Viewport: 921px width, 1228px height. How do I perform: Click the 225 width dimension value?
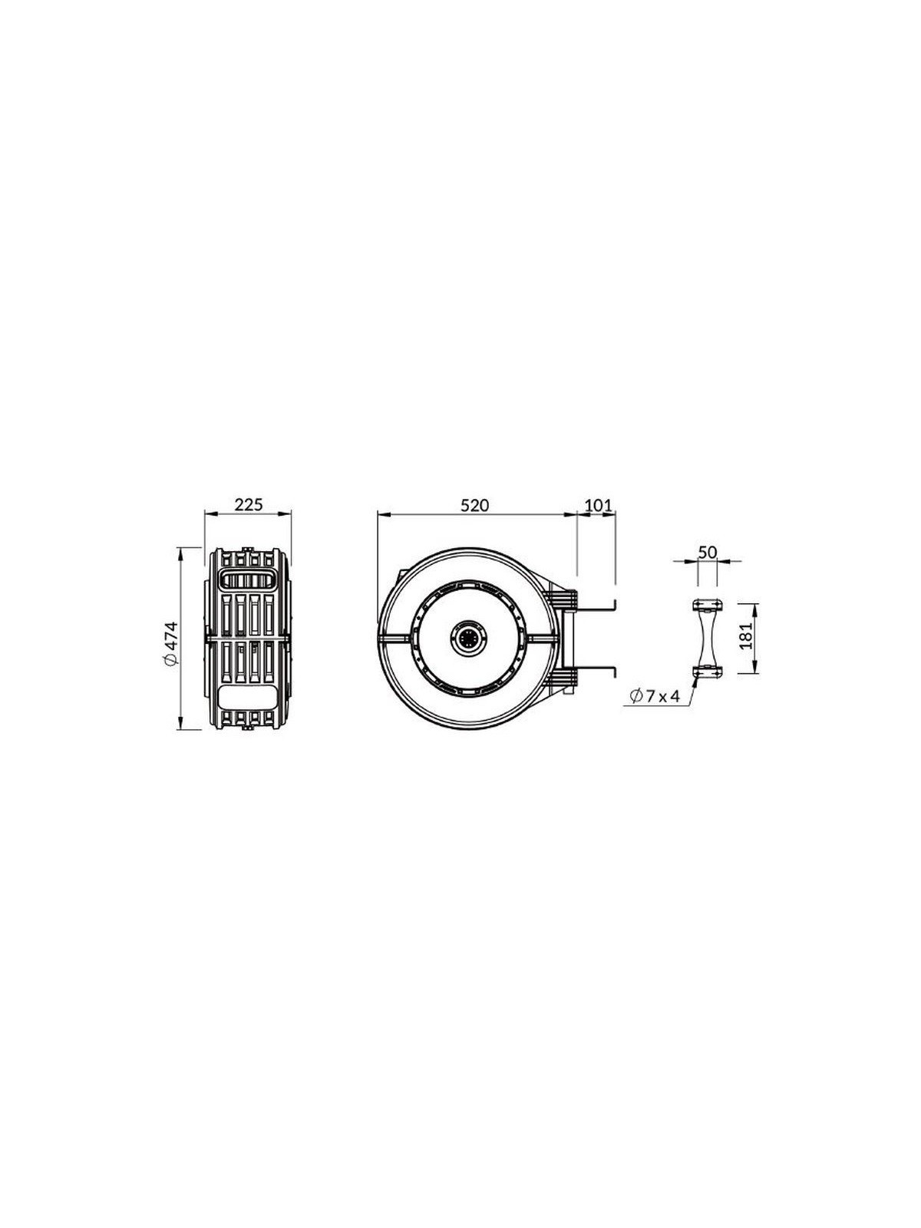coord(248,504)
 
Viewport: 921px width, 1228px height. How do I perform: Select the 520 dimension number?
coord(475,504)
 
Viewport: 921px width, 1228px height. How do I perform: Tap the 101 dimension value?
coord(597,504)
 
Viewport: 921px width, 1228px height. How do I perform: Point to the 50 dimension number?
coord(708,552)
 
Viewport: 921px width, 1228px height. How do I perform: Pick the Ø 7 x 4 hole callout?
coord(653,696)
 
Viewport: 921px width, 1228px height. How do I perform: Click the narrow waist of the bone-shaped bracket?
coord(707,639)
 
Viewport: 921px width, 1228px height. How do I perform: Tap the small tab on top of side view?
coord(248,548)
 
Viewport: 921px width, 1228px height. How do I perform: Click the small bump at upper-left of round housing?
coord(400,572)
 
